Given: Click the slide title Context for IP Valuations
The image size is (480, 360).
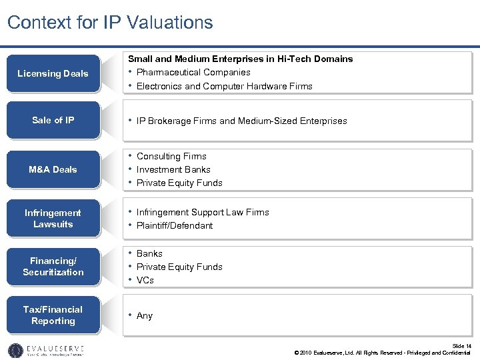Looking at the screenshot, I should point(110,23).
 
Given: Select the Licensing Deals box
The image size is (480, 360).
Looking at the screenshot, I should point(53,73).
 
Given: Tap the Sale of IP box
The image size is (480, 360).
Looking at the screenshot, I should point(53,120).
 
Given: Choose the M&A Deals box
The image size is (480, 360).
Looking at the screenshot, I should point(53,169).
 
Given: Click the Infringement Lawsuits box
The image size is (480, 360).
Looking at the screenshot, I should point(53,218).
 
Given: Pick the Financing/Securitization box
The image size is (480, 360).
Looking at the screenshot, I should point(53,267).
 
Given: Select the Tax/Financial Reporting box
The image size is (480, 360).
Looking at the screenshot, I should point(53,315).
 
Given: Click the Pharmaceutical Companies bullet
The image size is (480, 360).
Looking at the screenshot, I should point(193,72).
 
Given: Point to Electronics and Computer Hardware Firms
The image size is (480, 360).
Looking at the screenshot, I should point(224,86).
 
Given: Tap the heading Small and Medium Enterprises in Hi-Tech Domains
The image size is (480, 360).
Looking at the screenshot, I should point(240,59).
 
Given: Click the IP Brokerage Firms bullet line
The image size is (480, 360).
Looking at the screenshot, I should point(241,121).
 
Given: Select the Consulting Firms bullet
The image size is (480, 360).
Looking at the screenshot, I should point(171,156).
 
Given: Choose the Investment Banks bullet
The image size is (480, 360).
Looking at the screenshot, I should point(173,169).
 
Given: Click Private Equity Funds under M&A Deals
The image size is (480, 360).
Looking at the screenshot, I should point(179,183).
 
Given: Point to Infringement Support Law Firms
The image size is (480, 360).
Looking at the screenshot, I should point(203,212).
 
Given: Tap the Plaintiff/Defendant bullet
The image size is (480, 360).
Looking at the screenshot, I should point(175,225).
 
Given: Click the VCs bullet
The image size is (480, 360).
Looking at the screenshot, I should point(145,280).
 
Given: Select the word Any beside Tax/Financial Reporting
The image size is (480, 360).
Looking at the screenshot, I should point(145,316).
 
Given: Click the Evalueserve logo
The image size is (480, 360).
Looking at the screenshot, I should point(46,350).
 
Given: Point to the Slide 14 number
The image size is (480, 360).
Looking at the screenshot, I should point(461,345).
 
